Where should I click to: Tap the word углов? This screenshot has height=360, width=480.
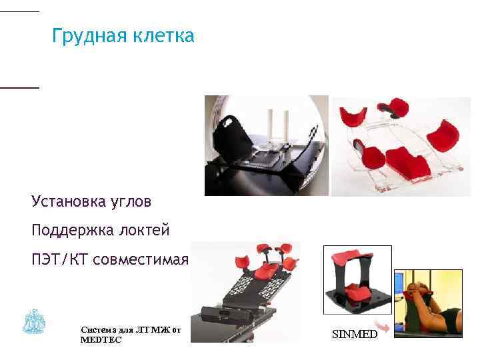(134, 201)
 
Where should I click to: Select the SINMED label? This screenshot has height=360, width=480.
(354, 334)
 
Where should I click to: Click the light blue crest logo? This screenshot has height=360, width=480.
(34, 322)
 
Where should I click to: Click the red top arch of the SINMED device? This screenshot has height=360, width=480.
(357, 256)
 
